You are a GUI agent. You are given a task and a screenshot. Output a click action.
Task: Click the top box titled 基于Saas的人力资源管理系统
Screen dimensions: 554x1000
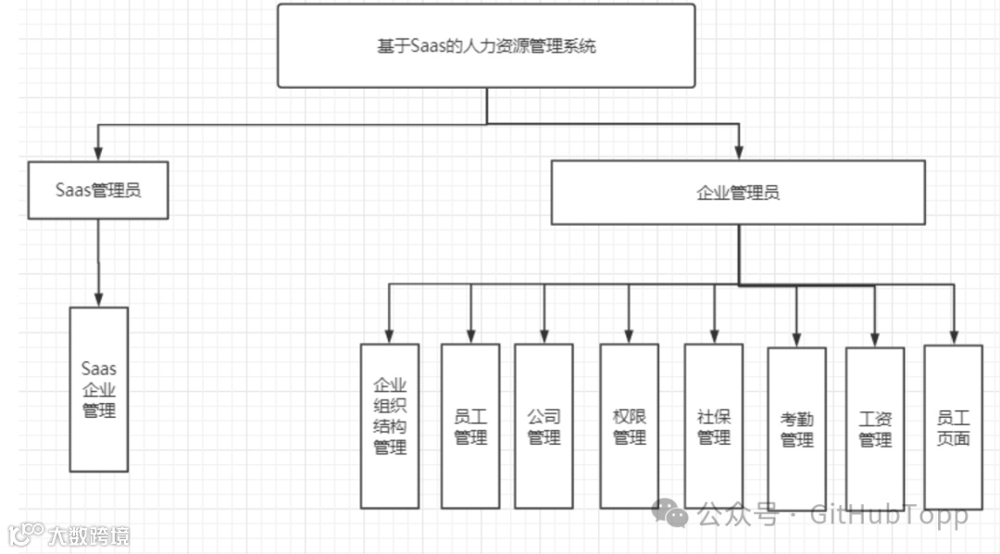[486, 45]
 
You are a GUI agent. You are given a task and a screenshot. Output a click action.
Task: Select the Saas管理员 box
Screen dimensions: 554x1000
[98, 191]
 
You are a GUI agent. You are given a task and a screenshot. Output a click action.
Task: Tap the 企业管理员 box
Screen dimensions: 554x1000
[738, 193]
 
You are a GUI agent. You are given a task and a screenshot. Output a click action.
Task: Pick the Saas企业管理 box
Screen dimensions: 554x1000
[99, 389]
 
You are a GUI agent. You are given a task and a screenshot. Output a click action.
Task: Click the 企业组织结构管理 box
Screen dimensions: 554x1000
[390, 426]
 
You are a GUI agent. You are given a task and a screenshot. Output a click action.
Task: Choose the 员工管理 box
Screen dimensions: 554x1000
[470, 426]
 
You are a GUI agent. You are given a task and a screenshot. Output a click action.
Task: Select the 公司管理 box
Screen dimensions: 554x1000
[544, 426]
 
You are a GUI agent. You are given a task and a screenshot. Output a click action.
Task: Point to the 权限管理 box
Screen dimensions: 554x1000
[630, 426]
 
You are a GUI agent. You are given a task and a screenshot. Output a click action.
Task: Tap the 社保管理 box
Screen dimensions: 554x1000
[714, 426]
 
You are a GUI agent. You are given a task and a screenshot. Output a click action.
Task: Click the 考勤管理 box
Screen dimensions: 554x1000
[796, 429]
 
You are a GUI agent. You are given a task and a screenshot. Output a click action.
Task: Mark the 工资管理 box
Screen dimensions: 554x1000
[875, 429]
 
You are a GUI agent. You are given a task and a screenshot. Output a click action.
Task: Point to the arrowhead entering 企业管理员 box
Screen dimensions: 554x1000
[738, 152]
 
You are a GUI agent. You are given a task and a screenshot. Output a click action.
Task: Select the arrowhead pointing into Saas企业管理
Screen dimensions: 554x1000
[98, 298]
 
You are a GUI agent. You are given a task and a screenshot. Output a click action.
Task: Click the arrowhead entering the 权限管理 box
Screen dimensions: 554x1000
[630, 335]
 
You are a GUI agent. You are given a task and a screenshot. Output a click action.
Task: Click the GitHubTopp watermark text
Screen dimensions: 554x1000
[889, 514]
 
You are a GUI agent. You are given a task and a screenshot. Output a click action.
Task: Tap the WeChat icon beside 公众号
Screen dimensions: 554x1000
[669, 511]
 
